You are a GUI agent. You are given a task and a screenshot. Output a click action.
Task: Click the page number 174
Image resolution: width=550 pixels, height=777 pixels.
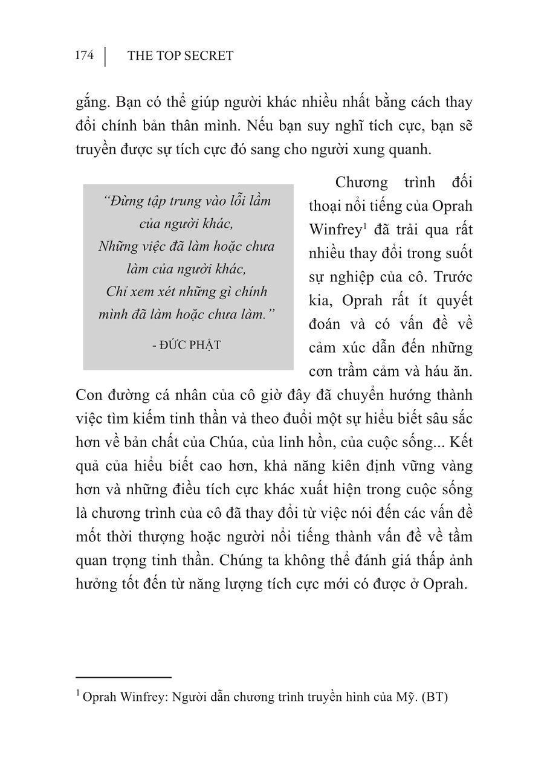(x=84, y=56)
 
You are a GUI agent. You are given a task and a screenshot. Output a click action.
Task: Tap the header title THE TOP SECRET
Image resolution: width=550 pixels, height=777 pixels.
(x=180, y=56)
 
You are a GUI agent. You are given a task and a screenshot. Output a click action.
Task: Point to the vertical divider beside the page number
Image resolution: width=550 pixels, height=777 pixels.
(x=105, y=56)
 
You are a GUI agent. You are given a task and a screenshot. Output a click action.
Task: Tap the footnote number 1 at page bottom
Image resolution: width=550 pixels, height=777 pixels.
(x=79, y=695)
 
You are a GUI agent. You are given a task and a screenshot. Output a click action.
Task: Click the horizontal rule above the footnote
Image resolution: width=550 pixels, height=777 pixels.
(x=124, y=678)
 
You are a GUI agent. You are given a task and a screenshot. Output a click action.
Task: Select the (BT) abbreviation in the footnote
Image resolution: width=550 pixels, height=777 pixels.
(x=435, y=697)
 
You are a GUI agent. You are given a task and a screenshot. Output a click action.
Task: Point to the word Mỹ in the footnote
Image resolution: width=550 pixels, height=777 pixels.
(x=402, y=697)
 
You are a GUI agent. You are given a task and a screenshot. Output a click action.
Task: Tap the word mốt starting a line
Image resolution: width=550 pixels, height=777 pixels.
(x=89, y=537)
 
